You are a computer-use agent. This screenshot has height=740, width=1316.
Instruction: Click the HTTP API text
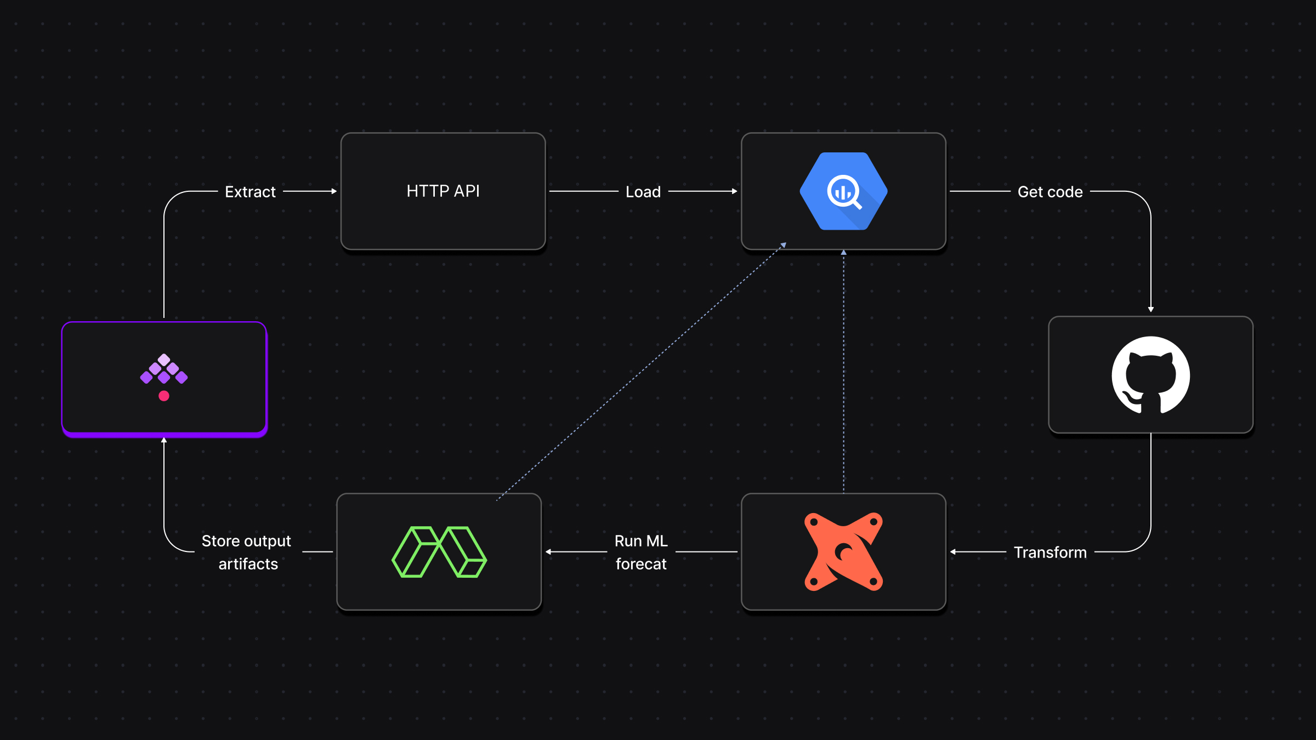point(443,191)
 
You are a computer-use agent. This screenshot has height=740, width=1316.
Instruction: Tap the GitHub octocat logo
point(1150,375)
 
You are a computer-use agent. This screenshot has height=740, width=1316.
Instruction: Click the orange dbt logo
point(843,551)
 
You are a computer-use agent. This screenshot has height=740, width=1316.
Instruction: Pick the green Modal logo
point(439,551)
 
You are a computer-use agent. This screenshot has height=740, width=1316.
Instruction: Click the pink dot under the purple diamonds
point(163,396)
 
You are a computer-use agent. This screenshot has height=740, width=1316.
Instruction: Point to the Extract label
point(250,192)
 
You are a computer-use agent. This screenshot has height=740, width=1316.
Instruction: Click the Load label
point(643,192)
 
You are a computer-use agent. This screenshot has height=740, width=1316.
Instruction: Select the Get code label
point(1050,192)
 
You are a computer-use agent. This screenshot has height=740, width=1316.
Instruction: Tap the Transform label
point(1050,552)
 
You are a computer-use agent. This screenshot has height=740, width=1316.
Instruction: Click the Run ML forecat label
point(641,552)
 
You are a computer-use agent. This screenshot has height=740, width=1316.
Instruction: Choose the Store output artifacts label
point(247,552)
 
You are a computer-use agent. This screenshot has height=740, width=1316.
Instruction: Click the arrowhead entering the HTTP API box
point(333,191)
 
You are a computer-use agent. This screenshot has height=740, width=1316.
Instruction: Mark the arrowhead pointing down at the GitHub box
point(1150,309)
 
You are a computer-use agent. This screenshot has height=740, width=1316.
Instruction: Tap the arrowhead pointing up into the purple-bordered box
point(163,440)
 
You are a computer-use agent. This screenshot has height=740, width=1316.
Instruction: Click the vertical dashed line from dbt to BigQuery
point(843,373)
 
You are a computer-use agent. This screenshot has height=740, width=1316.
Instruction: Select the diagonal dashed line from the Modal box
point(642,373)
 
